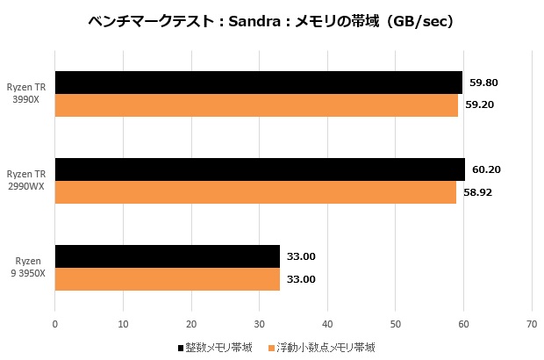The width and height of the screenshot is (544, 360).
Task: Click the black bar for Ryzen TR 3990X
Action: pos(258,83)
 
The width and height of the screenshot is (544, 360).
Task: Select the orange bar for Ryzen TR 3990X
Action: pos(256,105)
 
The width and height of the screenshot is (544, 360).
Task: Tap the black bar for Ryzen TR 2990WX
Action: pos(260,169)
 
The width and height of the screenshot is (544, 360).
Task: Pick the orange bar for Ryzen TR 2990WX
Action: pos(255,192)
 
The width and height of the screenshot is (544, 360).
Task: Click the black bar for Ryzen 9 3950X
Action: pos(167,256)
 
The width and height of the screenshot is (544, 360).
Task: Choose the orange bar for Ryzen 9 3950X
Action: pos(167,279)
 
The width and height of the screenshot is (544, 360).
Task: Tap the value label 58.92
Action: pos(478,192)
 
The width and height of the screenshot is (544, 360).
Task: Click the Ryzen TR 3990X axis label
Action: pos(29,93)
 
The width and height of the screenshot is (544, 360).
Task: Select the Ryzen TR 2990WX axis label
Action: pos(29,180)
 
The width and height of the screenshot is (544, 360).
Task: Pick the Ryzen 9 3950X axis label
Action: pos(29,267)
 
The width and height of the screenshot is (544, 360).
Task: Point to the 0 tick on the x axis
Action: pos(55,323)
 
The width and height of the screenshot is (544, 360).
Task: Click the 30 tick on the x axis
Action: pos(260,323)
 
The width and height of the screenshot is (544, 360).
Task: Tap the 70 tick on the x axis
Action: pos(532,323)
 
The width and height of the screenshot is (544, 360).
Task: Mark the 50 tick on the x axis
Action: pos(396,323)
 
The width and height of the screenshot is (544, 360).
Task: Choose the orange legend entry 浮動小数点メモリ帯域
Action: pos(325,348)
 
